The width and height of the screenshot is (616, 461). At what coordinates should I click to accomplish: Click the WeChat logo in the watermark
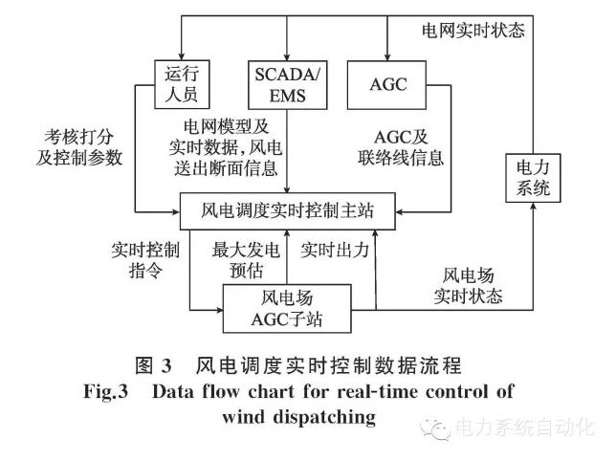point(441,429)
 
